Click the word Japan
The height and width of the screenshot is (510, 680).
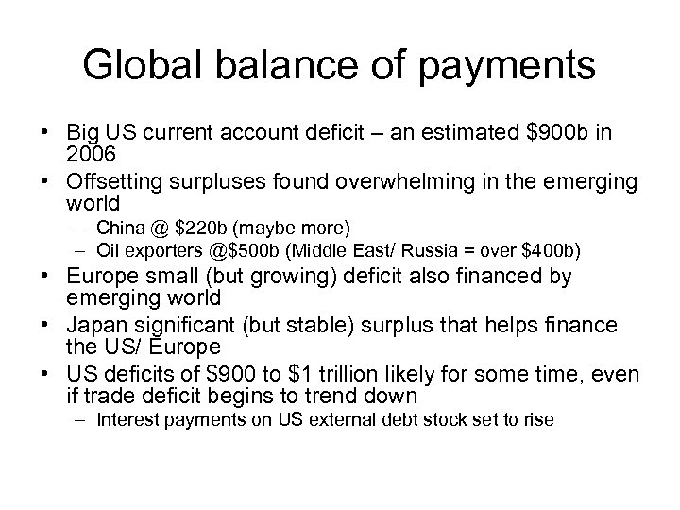click(97, 325)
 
